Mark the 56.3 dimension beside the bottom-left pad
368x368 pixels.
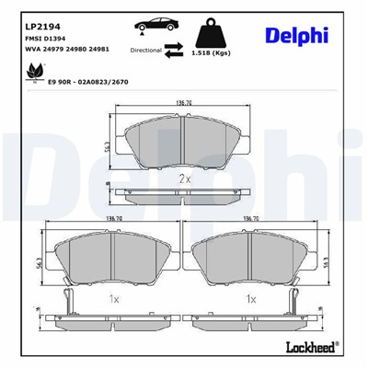coord(41,261)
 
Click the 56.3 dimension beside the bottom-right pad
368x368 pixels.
coord(328,261)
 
